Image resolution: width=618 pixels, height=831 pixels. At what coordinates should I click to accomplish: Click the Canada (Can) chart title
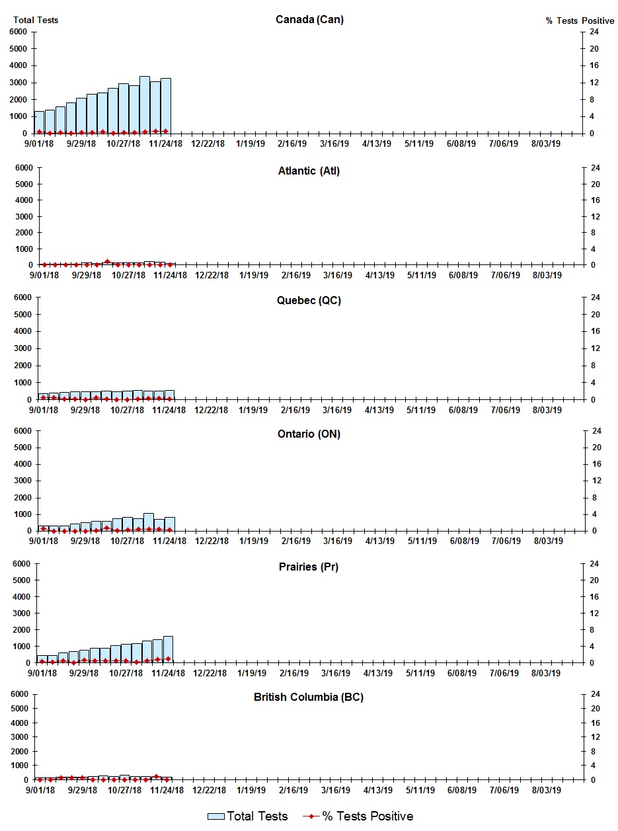[309, 19]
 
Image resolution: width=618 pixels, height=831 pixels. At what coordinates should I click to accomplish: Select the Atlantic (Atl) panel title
[309, 171]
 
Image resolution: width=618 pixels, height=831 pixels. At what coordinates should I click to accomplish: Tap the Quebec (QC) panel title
[309, 301]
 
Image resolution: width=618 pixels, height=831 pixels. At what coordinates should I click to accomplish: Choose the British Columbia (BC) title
[309, 697]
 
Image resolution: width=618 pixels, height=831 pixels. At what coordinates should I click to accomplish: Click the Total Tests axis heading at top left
[36, 20]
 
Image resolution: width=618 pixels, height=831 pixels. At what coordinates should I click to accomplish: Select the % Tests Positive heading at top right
[580, 20]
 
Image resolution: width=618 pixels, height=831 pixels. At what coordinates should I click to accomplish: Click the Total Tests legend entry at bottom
[248, 816]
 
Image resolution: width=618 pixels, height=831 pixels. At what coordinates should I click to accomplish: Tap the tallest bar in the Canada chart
[145, 104]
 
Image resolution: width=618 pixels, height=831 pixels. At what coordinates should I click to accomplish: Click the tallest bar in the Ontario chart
[149, 522]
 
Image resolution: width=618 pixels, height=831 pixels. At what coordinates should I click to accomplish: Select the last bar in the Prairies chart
[168, 649]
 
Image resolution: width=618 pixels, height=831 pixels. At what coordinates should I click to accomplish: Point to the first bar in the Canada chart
[39, 122]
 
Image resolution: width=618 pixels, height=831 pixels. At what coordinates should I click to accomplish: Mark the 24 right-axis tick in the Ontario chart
[595, 431]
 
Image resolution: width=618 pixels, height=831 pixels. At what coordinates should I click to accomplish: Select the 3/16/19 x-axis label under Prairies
[336, 673]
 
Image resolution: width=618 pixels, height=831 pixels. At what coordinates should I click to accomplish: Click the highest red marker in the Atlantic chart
[107, 262]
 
